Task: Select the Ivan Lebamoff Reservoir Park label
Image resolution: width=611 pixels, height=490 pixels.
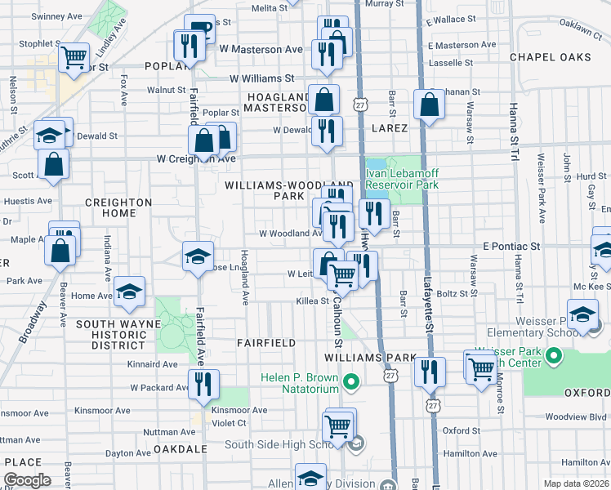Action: point(401,179)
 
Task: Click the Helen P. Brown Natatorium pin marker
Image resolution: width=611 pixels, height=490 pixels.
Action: point(351,381)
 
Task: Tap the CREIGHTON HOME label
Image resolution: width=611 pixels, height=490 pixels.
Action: point(119,207)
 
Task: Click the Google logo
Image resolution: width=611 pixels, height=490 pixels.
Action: point(27,480)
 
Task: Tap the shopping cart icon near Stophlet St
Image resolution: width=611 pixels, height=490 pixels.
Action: point(74,56)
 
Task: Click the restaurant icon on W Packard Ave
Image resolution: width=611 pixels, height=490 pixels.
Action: point(203,383)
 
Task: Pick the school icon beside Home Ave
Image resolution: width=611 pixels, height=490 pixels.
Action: point(129,292)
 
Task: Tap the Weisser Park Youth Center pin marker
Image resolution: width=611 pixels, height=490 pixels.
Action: point(555,356)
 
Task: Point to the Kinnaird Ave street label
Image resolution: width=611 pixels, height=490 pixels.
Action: point(152,364)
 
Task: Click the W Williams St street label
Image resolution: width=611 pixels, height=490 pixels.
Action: point(261,78)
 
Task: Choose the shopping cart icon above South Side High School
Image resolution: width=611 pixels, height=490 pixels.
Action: point(338,425)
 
